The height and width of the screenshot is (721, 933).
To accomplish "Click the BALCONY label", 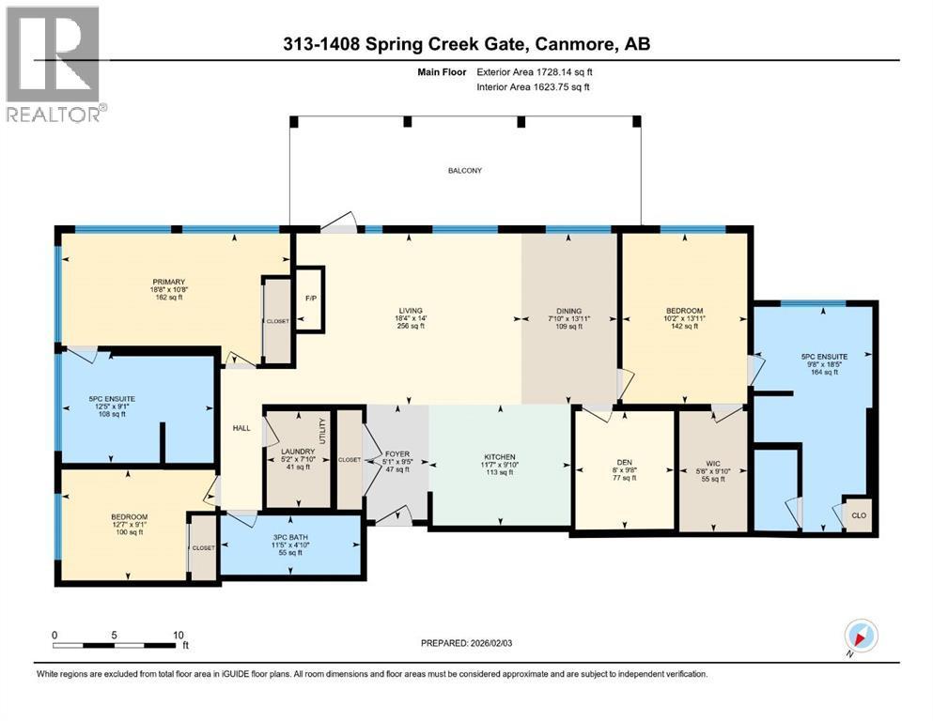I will pos(465,170).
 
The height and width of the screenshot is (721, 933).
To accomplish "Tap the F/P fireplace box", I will pos(309,299).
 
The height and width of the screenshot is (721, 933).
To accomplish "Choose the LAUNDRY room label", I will pos(296,453).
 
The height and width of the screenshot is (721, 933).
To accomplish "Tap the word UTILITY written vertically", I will pos(323,435).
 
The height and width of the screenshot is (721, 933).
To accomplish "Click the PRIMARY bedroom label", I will pos(170,282).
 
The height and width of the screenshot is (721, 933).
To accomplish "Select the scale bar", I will pos(120,644).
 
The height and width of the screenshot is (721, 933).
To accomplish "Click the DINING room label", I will pos(568,311).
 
